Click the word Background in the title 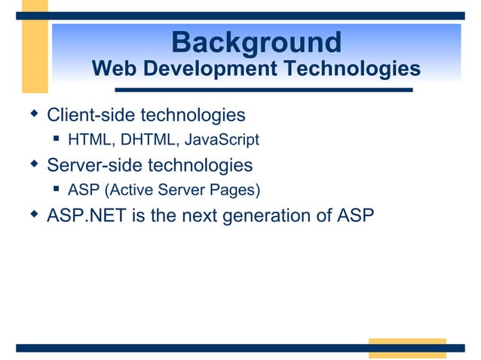[x=256, y=41]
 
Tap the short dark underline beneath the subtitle [x=263, y=90]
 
